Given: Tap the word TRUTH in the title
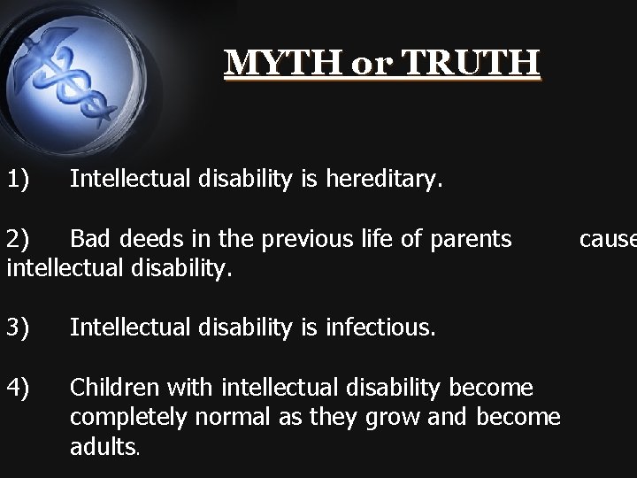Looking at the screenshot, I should [479, 63].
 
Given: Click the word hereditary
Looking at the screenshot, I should [381, 181].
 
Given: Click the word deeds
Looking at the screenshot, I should [146, 239].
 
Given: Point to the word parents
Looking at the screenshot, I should [468, 240].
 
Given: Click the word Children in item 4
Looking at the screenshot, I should [111, 388].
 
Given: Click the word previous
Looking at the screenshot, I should [315, 239].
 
